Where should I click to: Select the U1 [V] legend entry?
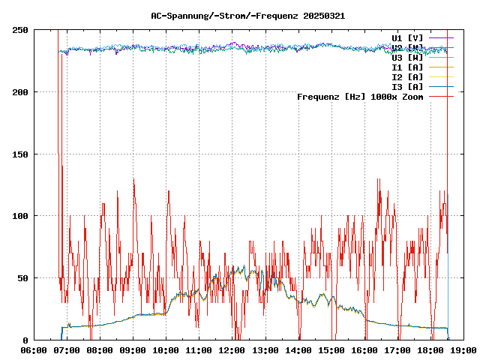pos(407,37)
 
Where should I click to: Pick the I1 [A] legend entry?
pos(407,67)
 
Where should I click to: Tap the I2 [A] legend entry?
pos(407,76)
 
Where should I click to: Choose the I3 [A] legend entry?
pos(407,86)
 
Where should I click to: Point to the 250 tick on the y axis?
pos(20,30)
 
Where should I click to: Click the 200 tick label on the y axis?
pos(20,92)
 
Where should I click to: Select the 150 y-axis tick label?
pos(20,154)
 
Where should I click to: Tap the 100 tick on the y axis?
pos(20,216)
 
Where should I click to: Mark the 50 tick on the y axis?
pos(23,278)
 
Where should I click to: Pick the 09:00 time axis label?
pos(133,349)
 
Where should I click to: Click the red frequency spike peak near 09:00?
pos(133,179)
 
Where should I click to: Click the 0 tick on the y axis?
pos(26,340)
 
